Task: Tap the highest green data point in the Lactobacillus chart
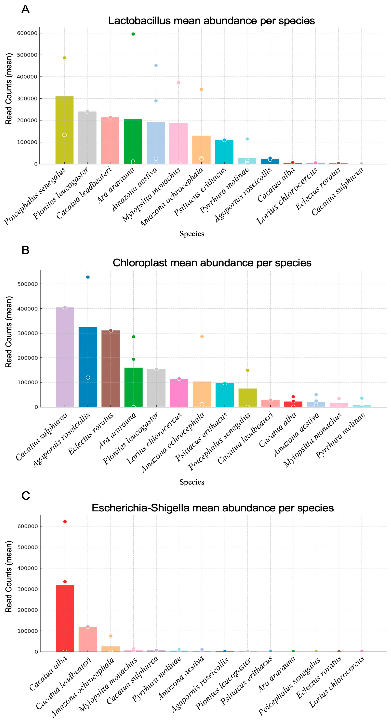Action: coord(133,34)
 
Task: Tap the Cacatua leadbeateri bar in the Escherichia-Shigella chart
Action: coord(88,639)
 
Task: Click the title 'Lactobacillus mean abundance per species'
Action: coord(211,21)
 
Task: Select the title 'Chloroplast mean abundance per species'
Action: coord(212,263)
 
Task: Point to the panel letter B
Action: coord(25,250)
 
